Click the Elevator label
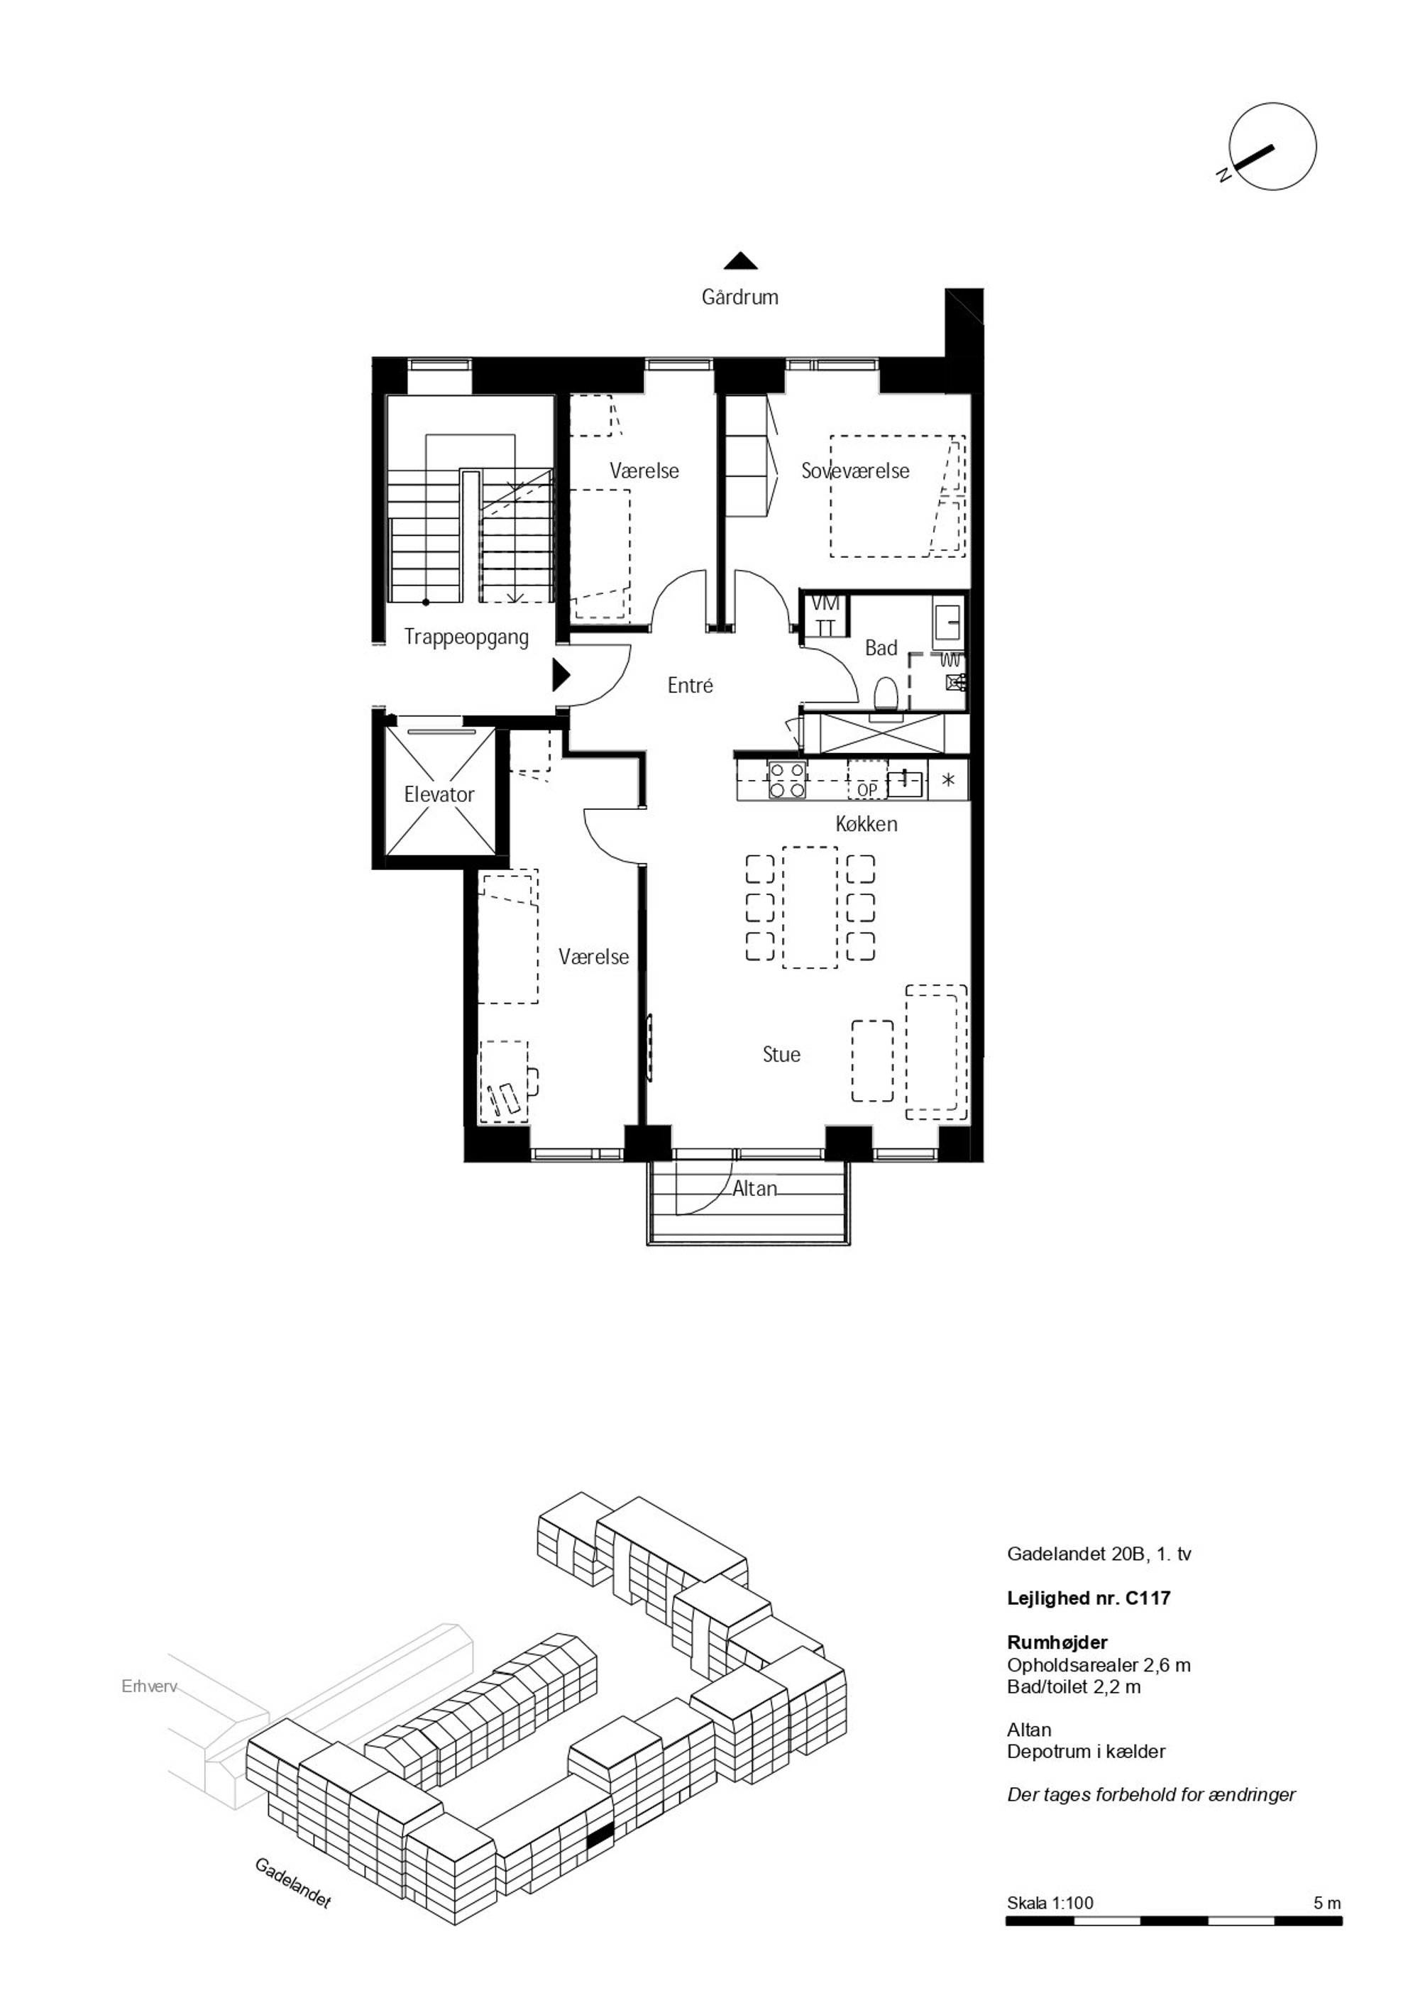tap(439, 794)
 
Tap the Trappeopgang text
tap(466, 638)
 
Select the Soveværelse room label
tap(855, 471)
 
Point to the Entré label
tap(690, 685)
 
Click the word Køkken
tap(867, 824)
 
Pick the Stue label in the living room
tap(781, 1054)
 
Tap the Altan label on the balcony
tap(754, 1188)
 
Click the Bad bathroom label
tap(881, 649)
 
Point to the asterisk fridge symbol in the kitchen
tap(949, 779)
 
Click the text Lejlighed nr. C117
tap(1089, 1598)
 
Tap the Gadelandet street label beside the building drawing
tap(292, 1882)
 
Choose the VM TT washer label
tap(825, 615)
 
